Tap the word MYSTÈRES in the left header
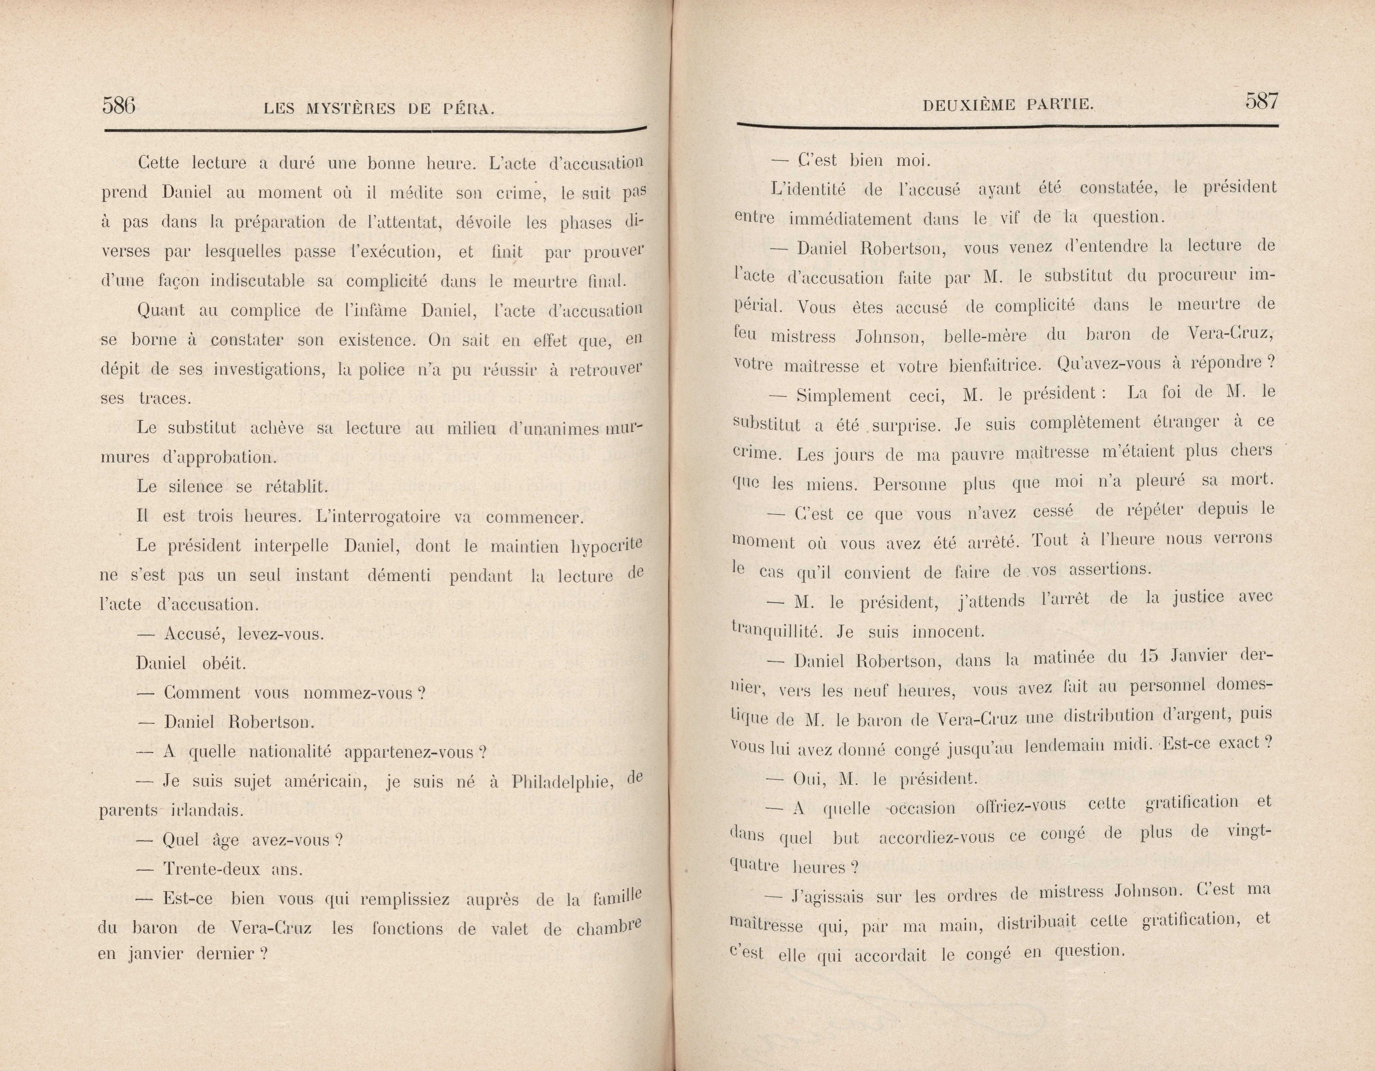(351, 109)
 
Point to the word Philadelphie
(562, 782)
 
